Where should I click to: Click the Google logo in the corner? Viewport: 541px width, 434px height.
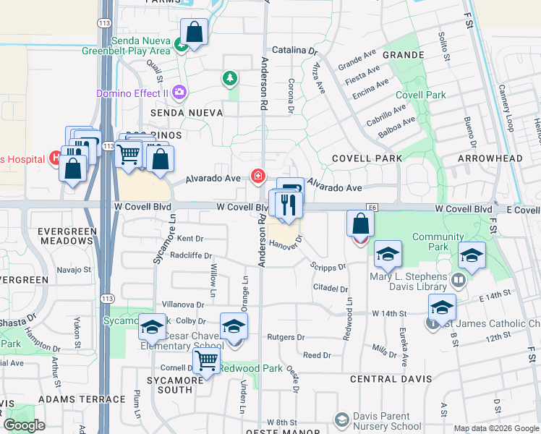pos(24,425)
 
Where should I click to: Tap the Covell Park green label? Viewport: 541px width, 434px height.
pos(420,95)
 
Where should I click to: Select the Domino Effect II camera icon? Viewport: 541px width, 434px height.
pos(179,93)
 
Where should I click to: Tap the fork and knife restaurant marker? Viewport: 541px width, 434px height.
pos(288,205)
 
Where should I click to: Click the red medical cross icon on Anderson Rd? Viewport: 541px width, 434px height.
pos(257,176)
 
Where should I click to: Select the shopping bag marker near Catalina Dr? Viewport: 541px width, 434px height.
pos(194,32)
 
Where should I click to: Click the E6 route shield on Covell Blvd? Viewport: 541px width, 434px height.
pos(372,207)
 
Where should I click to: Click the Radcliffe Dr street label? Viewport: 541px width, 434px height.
pos(191,255)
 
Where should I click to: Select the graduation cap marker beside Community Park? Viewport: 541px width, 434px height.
pos(472,257)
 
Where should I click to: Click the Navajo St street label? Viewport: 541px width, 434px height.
pos(74,270)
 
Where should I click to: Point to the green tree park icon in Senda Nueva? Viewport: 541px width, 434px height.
pos(230,77)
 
